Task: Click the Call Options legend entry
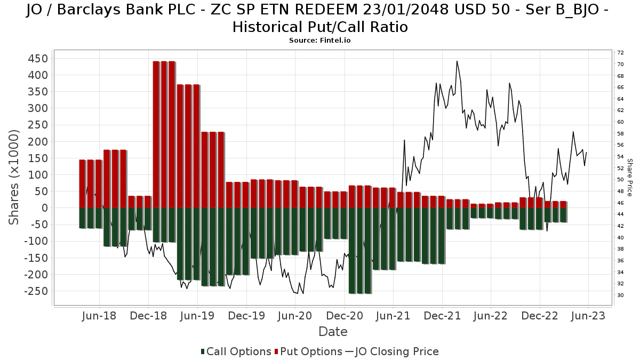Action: pyautogui.click(x=236, y=351)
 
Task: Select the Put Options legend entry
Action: pyautogui.click(x=308, y=351)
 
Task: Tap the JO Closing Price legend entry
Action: pyautogui.click(x=392, y=351)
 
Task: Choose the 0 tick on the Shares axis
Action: pyautogui.click(x=45, y=208)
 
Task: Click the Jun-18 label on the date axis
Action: pyautogui.click(x=99, y=316)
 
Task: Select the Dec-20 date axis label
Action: pyautogui.click(x=345, y=316)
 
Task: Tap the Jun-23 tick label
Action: pyautogui.click(x=588, y=316)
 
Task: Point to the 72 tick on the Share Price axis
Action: pyautogui.click(x=620, y=53)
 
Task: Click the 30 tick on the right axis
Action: pyautogui.click(x=620, y=295)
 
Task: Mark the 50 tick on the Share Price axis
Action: pyautogui.click(x=620, y=179)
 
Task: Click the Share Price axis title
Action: pyautogui.click(x=629, y=178)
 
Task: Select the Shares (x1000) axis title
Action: pyautogui.click(x=14, y=177)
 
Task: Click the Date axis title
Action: pyautogui.click(x=333, y=332)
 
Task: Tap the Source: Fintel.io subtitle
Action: pyautogui.click(x=319, y=41)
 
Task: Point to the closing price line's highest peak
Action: pyautogui.click(x=457, y=61)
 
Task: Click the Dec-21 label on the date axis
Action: pyautogui.click(x=442, y=316)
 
